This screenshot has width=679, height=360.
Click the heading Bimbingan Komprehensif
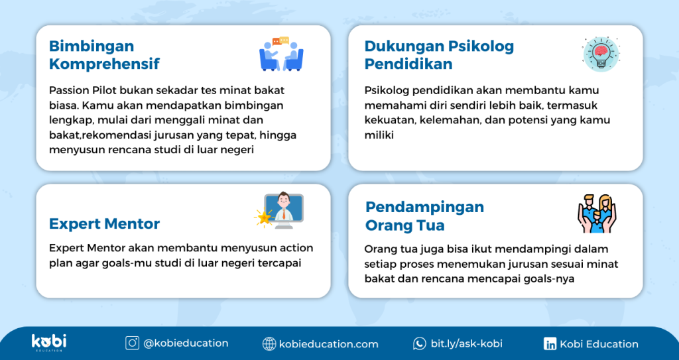point(104,55)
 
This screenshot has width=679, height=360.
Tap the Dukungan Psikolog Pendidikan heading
point(439,55)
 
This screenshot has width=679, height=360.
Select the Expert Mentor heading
point(104,223)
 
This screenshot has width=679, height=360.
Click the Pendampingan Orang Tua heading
point(424,216)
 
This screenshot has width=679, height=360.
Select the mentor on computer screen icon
point(279,211)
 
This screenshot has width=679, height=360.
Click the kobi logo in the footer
point(49,342)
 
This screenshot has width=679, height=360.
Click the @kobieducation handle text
point(186,343)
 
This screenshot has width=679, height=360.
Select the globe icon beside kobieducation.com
point(269,344)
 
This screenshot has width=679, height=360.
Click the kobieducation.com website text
point(329,344)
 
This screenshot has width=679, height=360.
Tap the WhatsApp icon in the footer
point(419,343)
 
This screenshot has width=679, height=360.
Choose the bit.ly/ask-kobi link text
point(466,343)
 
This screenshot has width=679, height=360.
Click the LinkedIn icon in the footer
point(550,344)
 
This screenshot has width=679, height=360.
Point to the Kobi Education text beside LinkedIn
point(599,344)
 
